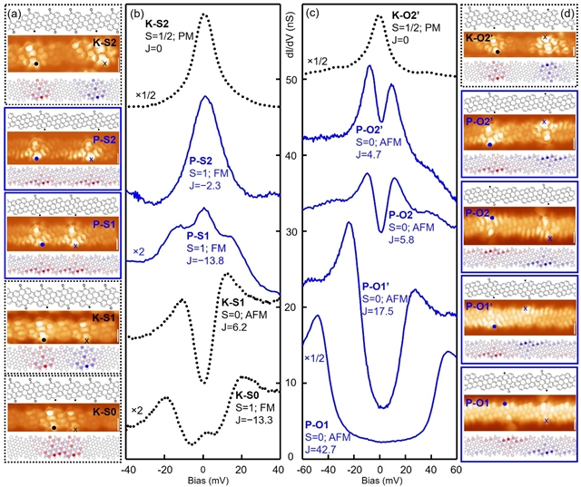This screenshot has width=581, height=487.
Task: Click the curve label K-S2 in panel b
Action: (152, 19)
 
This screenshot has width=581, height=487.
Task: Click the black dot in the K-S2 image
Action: (35, 64)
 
